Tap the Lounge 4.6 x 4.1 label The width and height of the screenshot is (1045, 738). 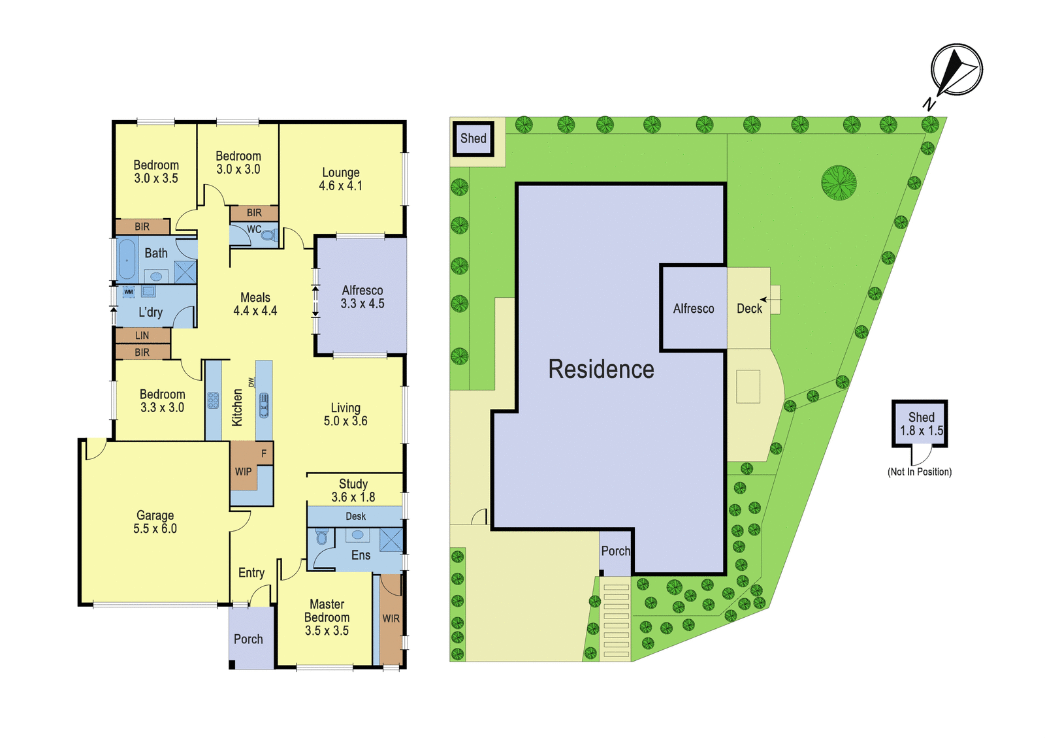click(340, 179)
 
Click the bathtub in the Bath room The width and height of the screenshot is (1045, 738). click(127, 260)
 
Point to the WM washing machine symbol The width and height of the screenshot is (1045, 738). click(128, 291)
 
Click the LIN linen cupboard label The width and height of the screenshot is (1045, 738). click(142, 336)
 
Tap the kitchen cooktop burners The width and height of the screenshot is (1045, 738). click(213, 401)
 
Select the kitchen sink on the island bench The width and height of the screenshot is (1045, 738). click(264, 404)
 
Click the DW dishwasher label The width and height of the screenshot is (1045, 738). click(251, 382)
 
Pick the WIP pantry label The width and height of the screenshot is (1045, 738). click(243, 472)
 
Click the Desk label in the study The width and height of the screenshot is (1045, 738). click(355, 517)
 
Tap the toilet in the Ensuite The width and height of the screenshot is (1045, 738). click(321, 537)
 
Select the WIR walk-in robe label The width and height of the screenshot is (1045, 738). click(391, 618)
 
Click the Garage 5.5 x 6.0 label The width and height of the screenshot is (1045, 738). click(155, 522)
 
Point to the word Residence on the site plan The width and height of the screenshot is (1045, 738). click(601, 370)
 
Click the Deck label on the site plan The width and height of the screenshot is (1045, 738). click(749, 308)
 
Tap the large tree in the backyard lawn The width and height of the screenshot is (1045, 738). click(839, 182)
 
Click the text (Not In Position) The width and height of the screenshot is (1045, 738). click(919, 472)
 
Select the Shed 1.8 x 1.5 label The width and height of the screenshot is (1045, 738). click(921, 424)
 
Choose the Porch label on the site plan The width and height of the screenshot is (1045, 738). click(615, 551)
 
